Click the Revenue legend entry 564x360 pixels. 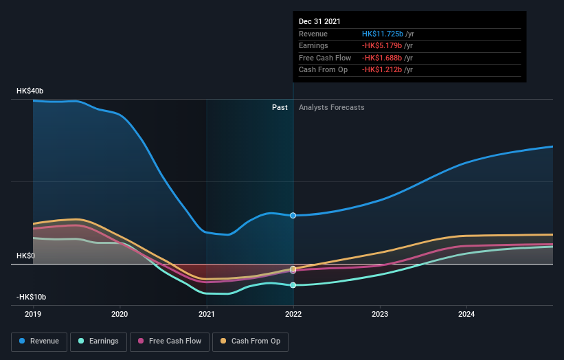tap(39, 341)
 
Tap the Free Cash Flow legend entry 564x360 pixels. tap(170, 341)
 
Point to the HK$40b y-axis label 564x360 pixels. tap(31, 91)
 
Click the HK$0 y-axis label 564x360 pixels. tap(26, 256)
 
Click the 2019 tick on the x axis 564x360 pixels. tap(33, 315)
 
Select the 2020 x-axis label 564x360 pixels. tap(120, 315)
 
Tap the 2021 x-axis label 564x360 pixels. tap(206, 315)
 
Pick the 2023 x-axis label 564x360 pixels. tap(380, 315)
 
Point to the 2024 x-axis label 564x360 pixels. tap(466, 315)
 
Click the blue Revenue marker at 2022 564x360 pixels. tap(293, 216)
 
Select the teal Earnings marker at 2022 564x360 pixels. tap(293, 285)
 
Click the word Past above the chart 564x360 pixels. tap(280, 107)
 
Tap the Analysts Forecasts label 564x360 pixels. tap(331, 107)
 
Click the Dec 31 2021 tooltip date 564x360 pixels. tap(319, 22)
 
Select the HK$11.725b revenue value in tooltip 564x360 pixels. tap(383, 34)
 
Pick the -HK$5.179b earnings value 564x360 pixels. tap(383, 46)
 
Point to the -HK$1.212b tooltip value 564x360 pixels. tap(383, 70)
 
